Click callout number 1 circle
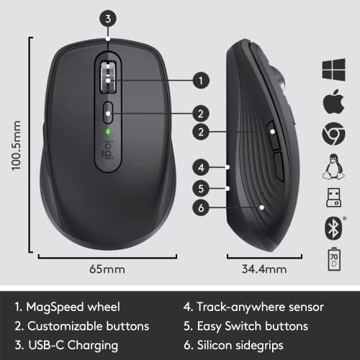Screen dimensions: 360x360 pos(201,80)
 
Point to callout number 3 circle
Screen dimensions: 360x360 pos(108,19)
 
